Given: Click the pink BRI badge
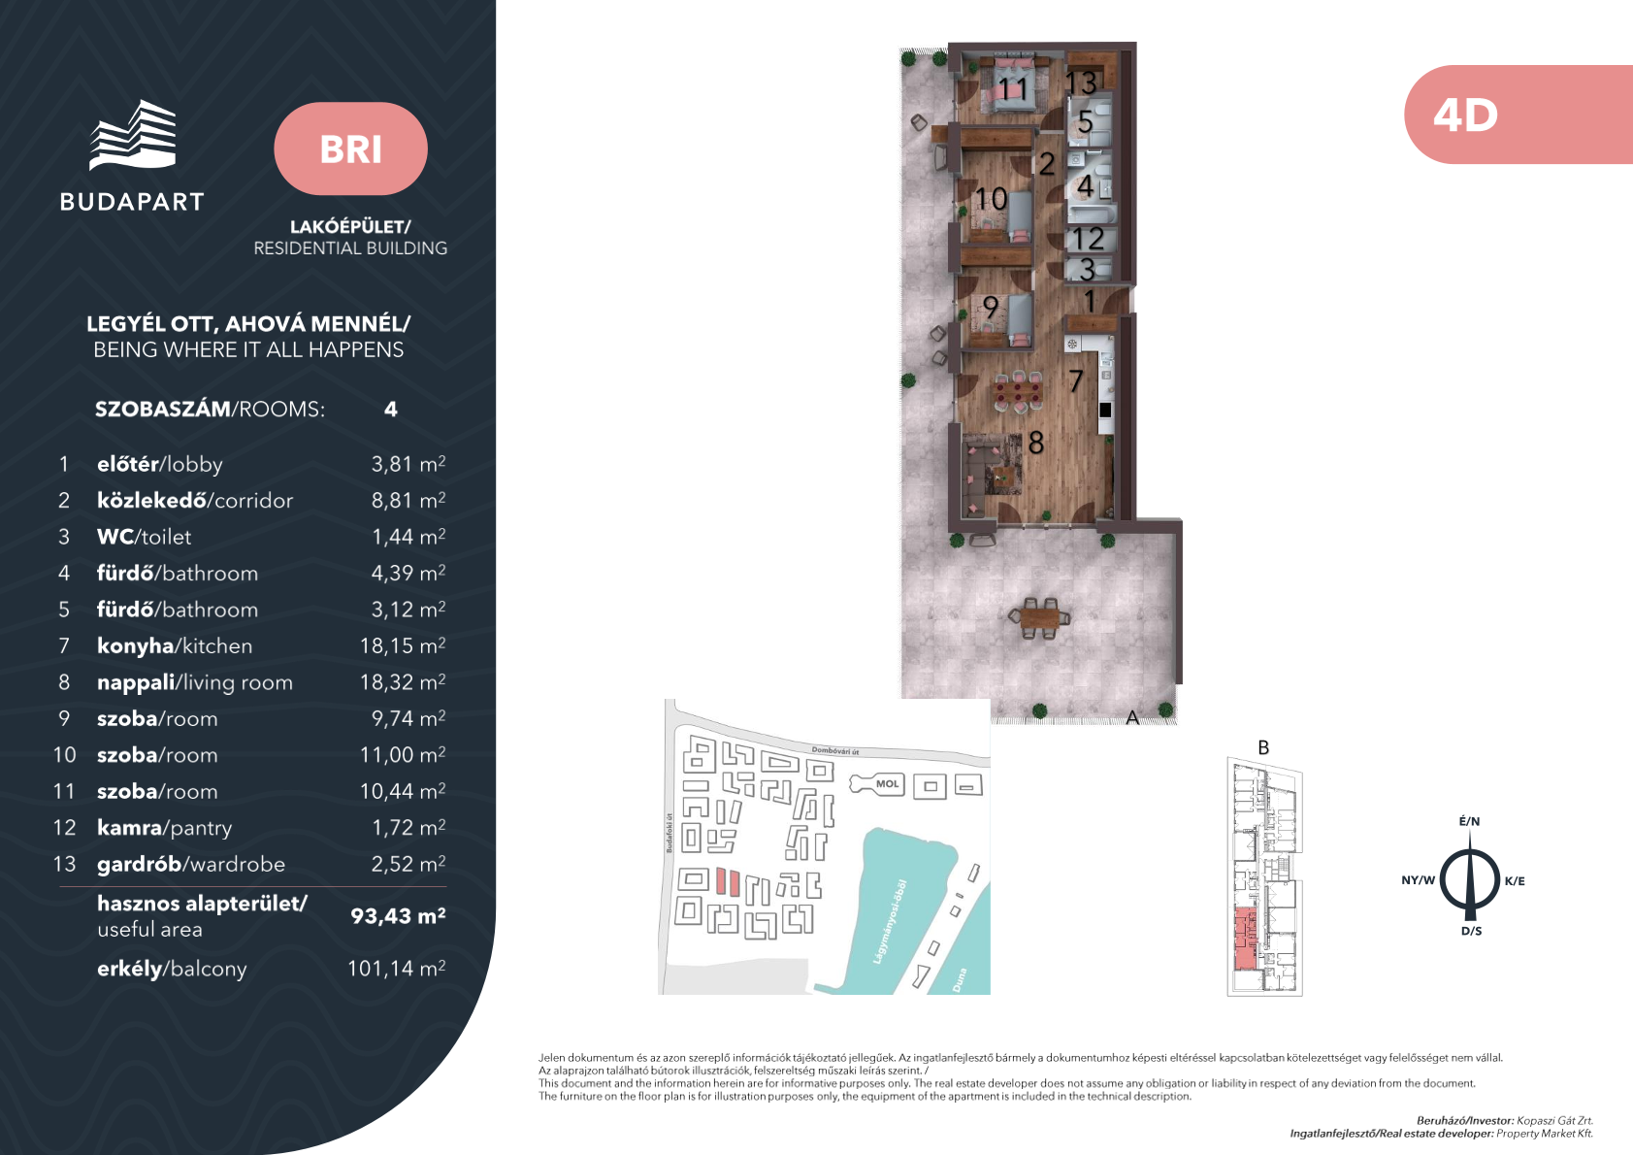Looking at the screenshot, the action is [350, 148].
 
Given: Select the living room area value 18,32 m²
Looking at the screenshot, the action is [403, 681].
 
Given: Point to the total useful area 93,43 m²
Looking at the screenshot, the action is [398, 915].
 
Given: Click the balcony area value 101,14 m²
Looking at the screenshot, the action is [397, 969].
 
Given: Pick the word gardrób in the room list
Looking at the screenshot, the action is [140, 865].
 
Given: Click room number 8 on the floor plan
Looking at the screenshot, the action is [1035, 443].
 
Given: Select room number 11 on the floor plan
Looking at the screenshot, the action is [1013, 89].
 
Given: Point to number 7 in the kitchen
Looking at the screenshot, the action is [1076, 379].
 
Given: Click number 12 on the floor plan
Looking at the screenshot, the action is [1089, 239].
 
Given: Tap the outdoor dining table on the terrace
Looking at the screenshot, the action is [1039, 618].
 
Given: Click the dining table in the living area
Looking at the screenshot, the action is [1019, 393].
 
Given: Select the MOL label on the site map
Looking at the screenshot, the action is [887, 784].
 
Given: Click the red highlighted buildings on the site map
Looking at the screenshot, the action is [728, 881].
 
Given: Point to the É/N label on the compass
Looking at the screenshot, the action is [1469, 821].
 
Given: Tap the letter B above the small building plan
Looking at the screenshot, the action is [1263, 747].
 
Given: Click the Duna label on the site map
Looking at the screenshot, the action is [960, 979].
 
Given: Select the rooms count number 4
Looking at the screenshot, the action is [391, 409].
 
